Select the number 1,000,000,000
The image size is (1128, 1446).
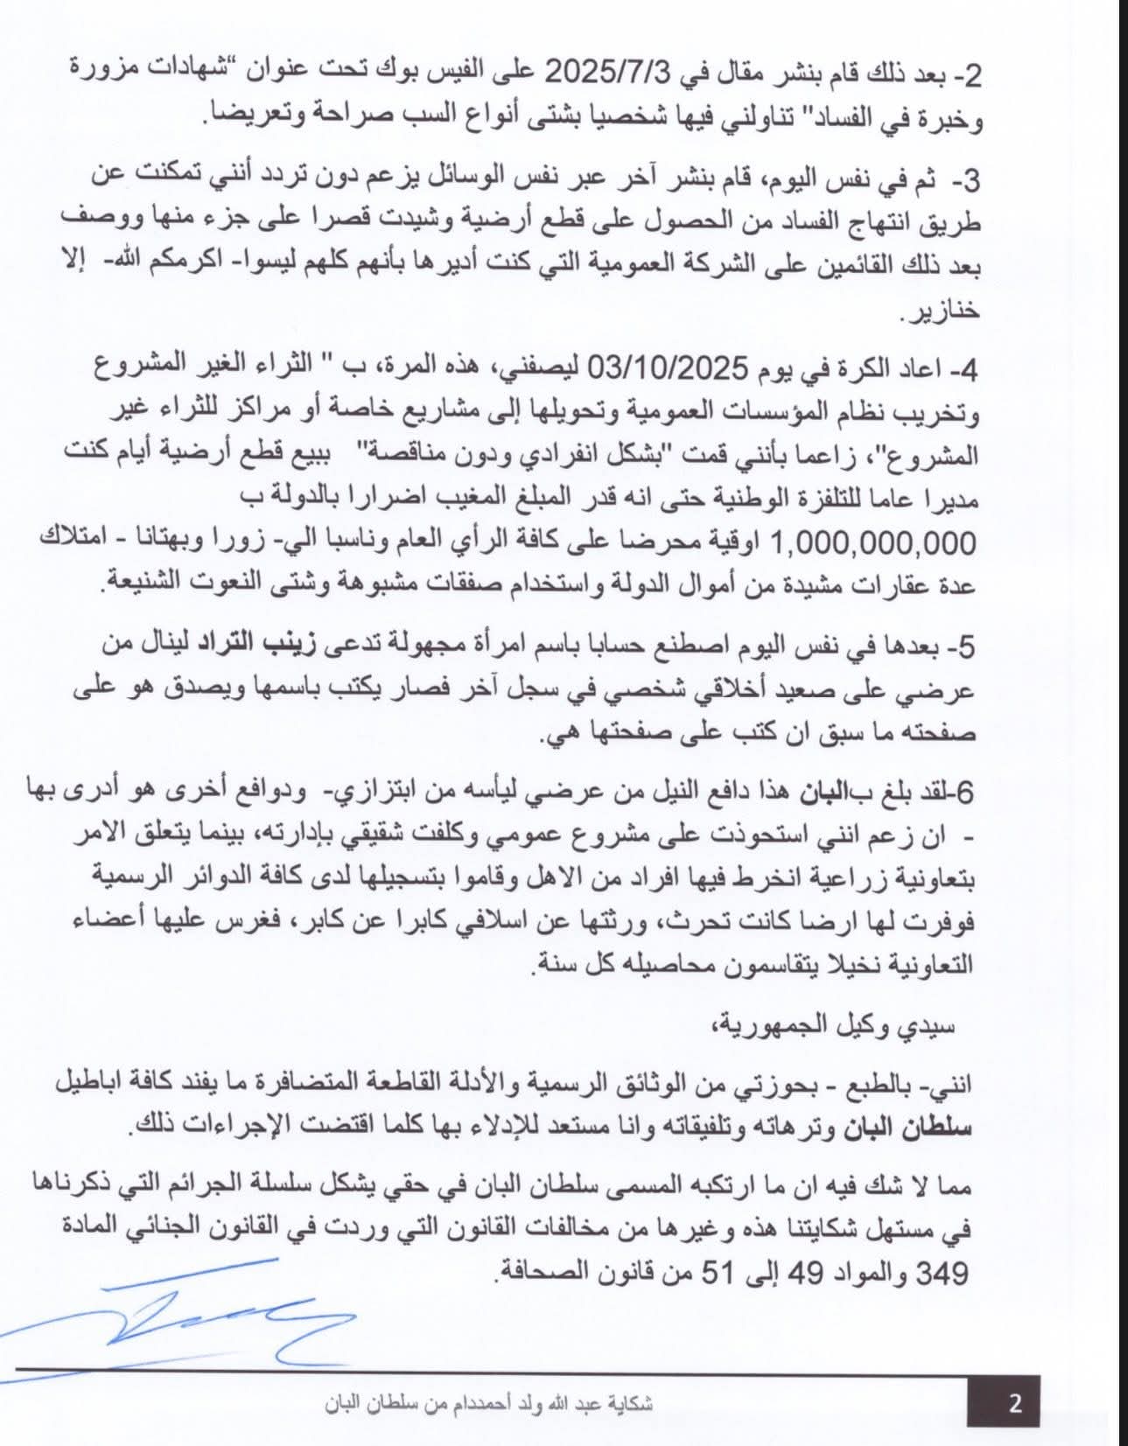pos(873,543)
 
